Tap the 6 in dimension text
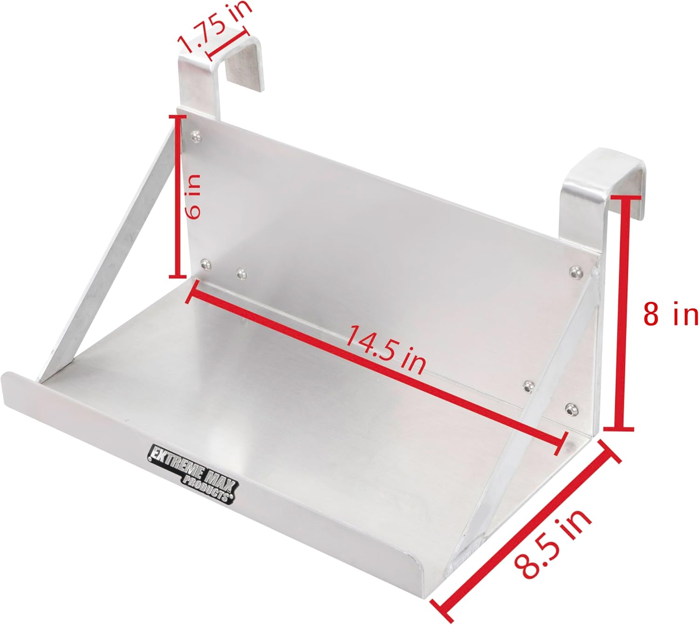pos(193,196)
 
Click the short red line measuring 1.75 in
pos(227,43)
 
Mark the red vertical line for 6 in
pos(179,197)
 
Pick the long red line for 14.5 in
pos(376,368)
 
